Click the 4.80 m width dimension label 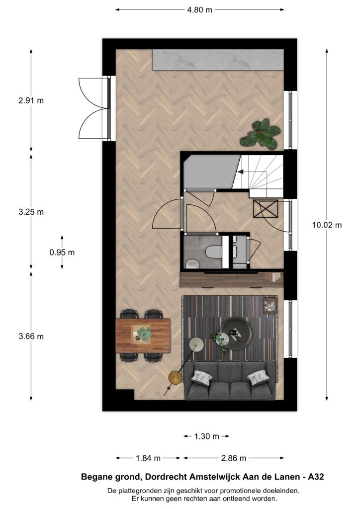click(199, 10)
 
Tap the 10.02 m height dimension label click(327, 225)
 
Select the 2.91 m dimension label click(31, 100)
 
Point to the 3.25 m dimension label click(31, 212)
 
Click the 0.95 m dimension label click(62, 252)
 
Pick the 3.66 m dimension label click(31, 337)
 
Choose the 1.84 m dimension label click(148, 458)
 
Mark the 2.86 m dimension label click(234, 458)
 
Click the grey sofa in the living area click(230, 381)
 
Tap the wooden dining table click(143, 336)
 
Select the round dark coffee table click(236, 333)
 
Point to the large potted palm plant click(261, 134)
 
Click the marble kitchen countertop click(218, 60)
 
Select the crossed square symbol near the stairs click(266, 208)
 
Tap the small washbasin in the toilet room click(193, 264)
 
